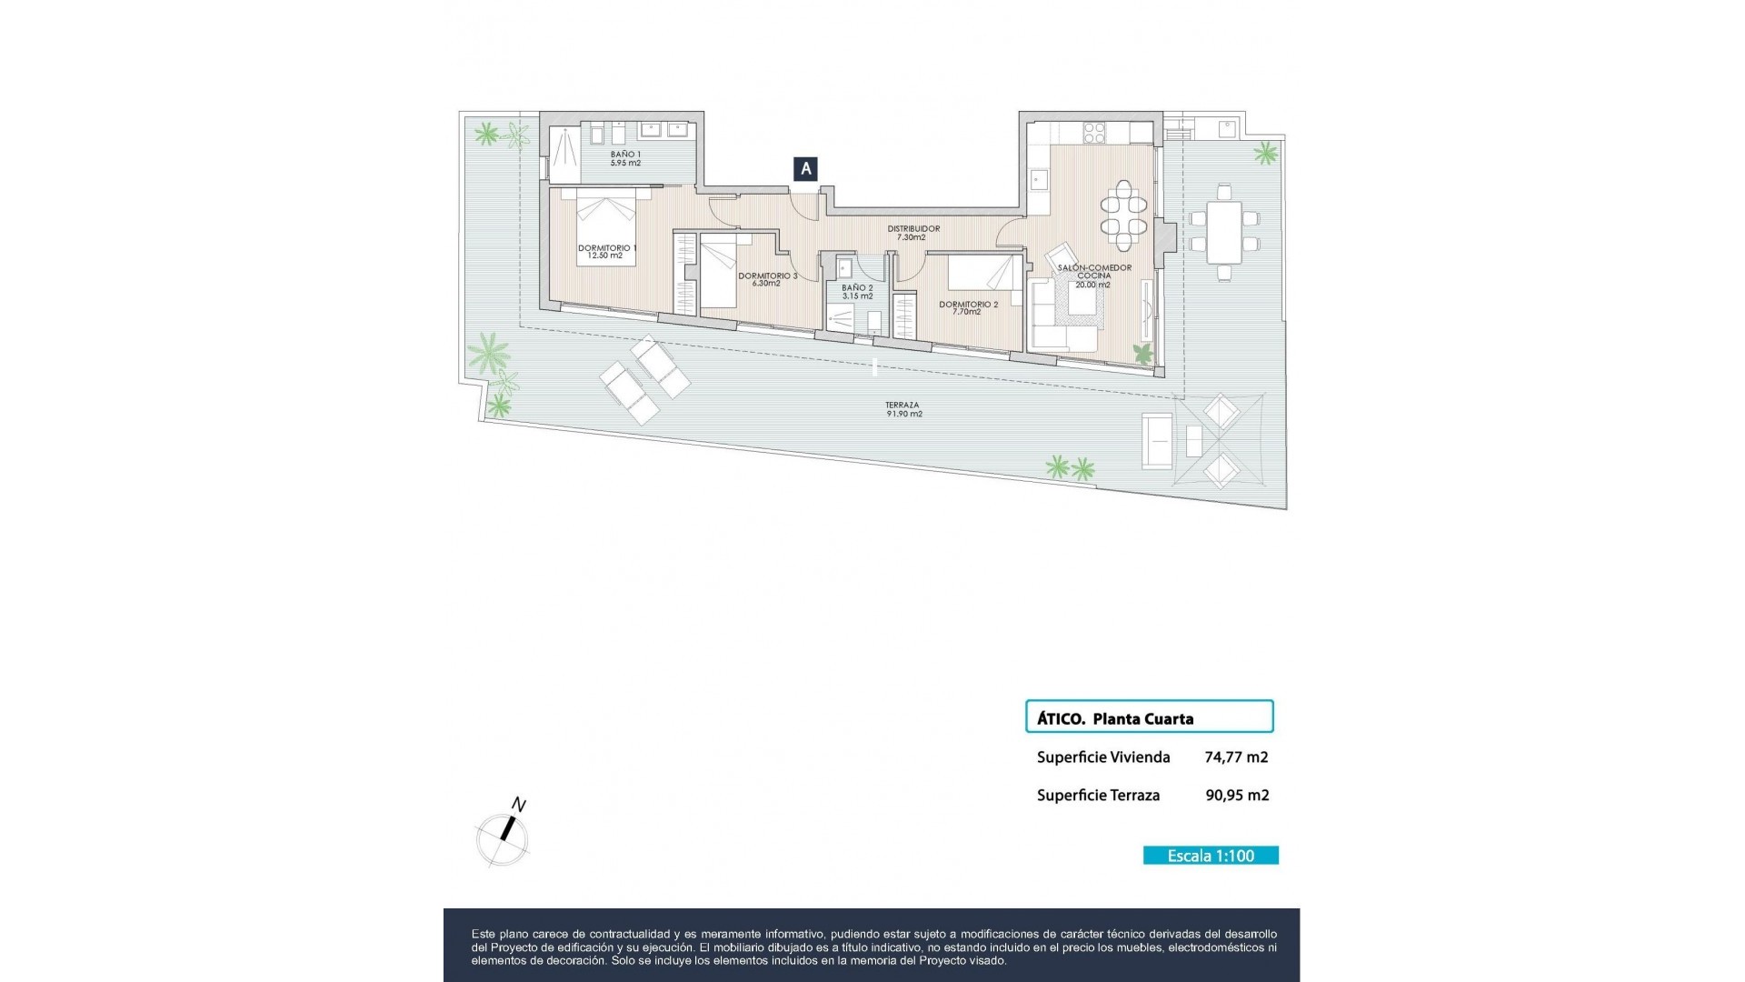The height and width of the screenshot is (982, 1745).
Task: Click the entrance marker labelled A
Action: click(x=805, y=168)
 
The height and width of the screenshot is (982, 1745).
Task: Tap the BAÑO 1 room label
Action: click(x=625, y=159)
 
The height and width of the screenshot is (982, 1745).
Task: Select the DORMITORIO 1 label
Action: click(x=606, y=252)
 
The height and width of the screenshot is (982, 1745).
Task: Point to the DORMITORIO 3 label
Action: click(x=767, y=279)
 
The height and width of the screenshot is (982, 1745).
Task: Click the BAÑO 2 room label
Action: click(x=857, y=292)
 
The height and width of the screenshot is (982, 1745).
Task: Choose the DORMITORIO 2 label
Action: click(x=968, y=308)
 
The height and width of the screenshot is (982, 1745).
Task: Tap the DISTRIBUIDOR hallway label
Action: click(x=912, y=233)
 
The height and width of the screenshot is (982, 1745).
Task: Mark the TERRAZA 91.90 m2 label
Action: click(x=903, y=409)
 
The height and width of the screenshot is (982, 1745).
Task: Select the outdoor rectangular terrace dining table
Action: click(x=1224, y=231)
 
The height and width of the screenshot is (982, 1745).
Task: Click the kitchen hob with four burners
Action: click(x=1093, y=133)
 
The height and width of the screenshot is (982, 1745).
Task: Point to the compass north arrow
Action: click(x=507, y=829)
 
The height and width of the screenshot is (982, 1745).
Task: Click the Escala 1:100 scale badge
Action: click(x=1211, y=856)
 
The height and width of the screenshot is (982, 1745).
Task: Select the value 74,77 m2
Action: click(x=1236, y=757)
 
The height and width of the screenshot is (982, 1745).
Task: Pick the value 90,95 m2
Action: click(x=1237, y=795)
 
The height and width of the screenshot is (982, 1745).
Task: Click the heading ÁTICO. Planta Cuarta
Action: click(x=1115, y=718)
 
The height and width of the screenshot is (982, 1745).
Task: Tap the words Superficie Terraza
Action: click(x=1098, y=795)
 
